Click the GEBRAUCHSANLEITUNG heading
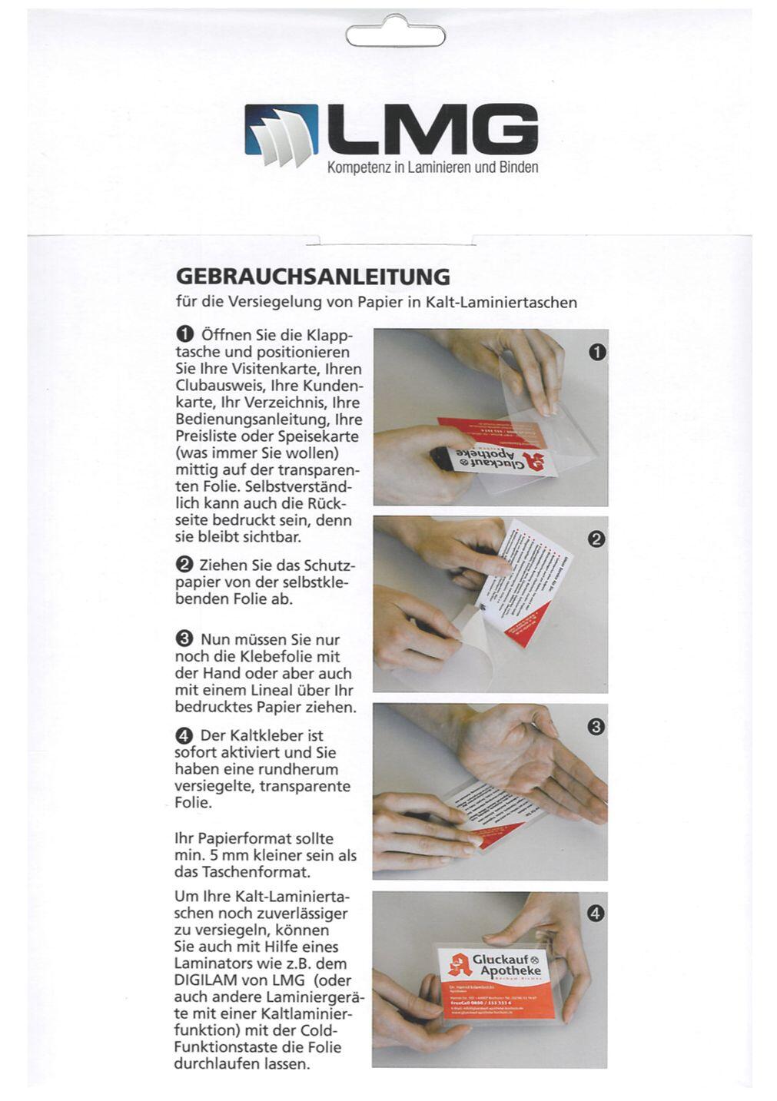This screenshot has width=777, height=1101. coord(313,276)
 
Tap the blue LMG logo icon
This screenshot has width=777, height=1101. coord(281,136)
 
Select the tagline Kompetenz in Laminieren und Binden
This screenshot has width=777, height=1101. coord(433,167)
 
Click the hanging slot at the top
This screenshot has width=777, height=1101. coord(395,35)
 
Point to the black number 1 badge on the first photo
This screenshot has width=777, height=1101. coord(596,352)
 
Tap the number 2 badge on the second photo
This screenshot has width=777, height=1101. coord(596,539)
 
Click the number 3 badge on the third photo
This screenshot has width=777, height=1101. coord(596,726)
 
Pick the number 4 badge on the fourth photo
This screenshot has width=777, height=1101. coord(596,914)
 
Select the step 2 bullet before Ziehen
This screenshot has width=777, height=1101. coord(184,565)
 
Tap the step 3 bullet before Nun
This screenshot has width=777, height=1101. coord(184,639)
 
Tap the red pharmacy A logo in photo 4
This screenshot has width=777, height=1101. coord(460,965)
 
